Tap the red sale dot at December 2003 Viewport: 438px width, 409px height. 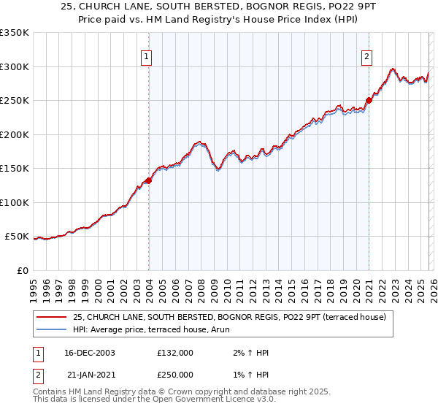[x=148, y=180]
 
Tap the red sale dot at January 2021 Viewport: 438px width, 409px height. [x=369, y=101]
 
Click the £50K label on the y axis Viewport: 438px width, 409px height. [x=17, y=237]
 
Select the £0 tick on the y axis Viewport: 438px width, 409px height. [x=23, y=270]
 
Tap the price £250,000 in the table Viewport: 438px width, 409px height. [x=174, y=374]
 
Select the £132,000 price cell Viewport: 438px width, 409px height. [x=174, y=353]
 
